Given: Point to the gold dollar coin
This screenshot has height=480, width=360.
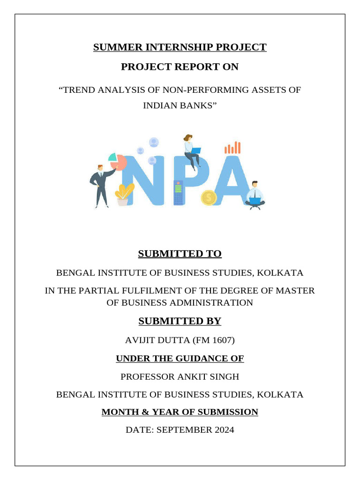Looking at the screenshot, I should coord(209,197).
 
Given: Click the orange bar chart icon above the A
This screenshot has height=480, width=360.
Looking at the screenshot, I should coord(232,148).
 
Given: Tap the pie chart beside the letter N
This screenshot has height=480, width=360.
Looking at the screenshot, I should coord(118,161).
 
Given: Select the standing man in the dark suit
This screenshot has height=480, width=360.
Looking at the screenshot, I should coord(101,186).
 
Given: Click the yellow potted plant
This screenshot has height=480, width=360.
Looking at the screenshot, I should coord(124,194).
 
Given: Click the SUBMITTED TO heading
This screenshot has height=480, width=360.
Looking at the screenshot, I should coord(180,254).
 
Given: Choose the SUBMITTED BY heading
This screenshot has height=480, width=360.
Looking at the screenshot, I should coord(180,321).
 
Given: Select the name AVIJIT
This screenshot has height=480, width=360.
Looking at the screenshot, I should coord(141,340).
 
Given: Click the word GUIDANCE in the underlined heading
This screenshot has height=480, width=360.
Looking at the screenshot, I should coord(191,359).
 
